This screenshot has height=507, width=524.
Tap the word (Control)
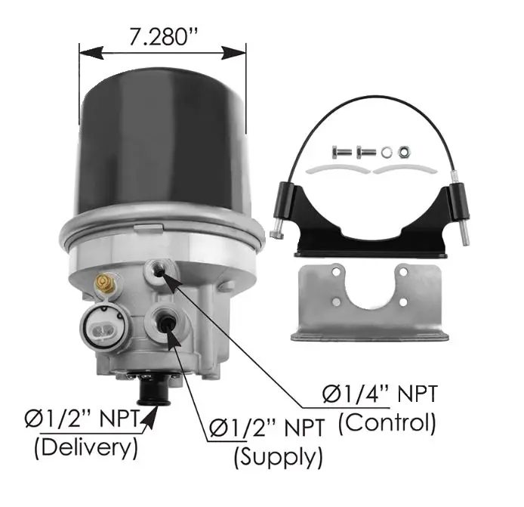point(387,422)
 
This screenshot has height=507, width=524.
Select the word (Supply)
point(278,457)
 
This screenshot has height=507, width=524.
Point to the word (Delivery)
point(86,447)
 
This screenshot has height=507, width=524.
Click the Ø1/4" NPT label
point(380,394)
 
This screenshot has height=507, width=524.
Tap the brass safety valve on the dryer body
point(104,282)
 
